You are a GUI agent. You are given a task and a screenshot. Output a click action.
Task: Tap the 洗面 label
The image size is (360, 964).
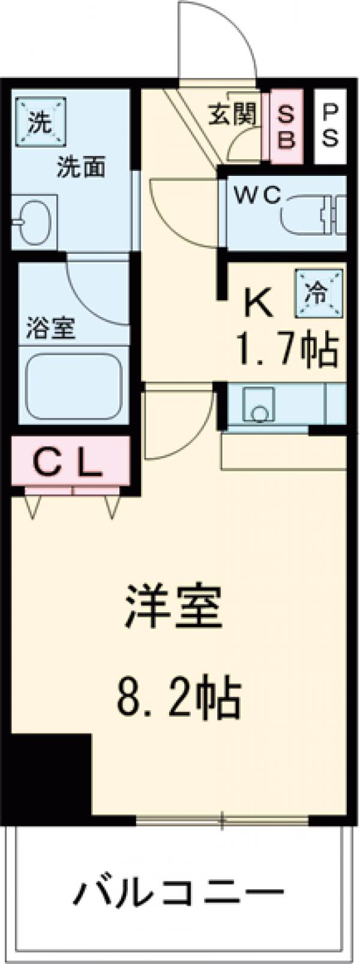[x=81, y=167]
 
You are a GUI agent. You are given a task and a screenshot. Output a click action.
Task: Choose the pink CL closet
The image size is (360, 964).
[x=71, y=462]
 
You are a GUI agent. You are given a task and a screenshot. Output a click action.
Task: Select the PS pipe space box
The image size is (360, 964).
[x=330, y=126]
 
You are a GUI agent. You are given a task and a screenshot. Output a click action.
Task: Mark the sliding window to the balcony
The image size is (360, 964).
[x=222, y=819]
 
